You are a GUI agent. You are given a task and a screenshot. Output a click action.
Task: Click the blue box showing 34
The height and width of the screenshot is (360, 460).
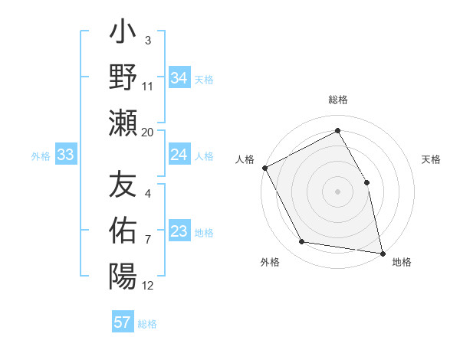click(179, 77)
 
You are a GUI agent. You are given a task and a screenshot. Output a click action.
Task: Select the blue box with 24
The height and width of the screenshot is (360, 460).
click(179, 155)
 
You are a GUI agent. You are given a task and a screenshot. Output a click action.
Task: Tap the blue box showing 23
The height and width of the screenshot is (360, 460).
click(179, 232)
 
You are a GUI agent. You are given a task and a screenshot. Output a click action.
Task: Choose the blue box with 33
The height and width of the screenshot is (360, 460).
click(66, 155)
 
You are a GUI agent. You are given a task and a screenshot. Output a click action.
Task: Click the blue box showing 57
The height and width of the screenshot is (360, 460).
click(122, 322)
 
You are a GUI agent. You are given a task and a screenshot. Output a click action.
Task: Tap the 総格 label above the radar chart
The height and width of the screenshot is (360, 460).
click(338, 100)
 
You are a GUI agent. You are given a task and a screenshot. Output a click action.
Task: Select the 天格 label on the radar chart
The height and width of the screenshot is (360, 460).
click(432, 159)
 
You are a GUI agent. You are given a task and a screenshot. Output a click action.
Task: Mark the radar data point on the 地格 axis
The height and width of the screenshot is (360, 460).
click(382, 252)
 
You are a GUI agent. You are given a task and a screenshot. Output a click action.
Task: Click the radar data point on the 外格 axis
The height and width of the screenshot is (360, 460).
click(302, 242)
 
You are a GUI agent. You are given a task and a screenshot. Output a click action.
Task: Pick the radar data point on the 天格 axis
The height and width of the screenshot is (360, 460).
click(366, 182)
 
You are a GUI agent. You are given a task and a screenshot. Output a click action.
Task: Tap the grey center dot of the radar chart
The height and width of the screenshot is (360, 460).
click(338, 191)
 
